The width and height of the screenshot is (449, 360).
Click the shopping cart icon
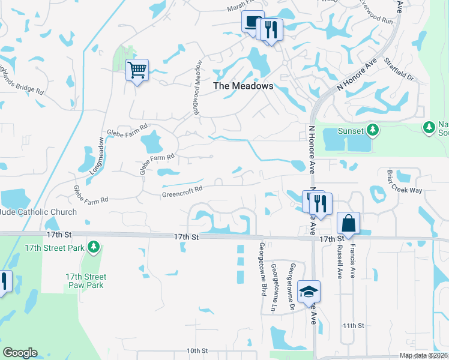tap(137, 71)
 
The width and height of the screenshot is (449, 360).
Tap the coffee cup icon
tap(250, 22)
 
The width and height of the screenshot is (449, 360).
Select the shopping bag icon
tap(348, 224)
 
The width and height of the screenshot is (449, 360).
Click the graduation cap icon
tap(309, 292)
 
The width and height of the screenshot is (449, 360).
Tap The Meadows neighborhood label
tap(244, 86)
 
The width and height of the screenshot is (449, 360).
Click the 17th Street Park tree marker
tap(93, 247)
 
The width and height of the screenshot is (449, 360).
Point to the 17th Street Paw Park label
tap(85, 281)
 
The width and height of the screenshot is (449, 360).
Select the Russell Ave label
tap(340, 262)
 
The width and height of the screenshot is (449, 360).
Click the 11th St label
tap(354, 325)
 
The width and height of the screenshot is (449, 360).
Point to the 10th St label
tap(196, 350)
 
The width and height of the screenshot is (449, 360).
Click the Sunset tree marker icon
tap(373, 130)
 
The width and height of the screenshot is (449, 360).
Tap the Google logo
tap(20, 353)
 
